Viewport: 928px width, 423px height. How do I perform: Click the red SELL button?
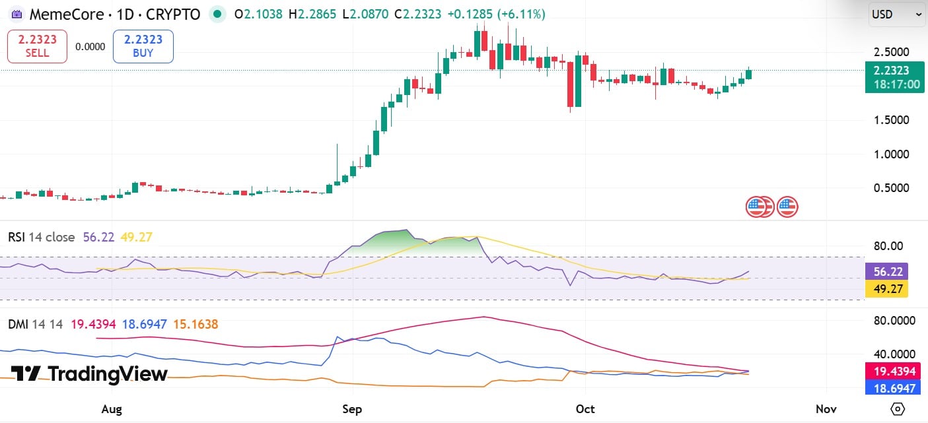pos(37,46)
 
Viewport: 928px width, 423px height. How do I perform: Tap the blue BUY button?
pos(143,46)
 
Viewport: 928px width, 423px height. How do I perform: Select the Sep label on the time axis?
pos(352,410)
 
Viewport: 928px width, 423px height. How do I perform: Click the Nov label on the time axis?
pos(826,410)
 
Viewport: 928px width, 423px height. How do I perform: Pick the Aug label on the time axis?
pos(112,410)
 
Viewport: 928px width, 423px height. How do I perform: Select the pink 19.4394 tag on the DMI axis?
pos(894,372)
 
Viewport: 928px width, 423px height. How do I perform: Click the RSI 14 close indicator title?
pos(41,237)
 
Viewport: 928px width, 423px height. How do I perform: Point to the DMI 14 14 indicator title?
pos(35,324)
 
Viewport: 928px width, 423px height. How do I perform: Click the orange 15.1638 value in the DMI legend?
pos(196,324)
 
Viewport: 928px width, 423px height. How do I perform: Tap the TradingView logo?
pos(90,374)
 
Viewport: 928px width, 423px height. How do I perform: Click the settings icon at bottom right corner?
pos(896,409)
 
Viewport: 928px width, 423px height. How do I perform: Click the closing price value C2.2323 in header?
pos(419,14)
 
